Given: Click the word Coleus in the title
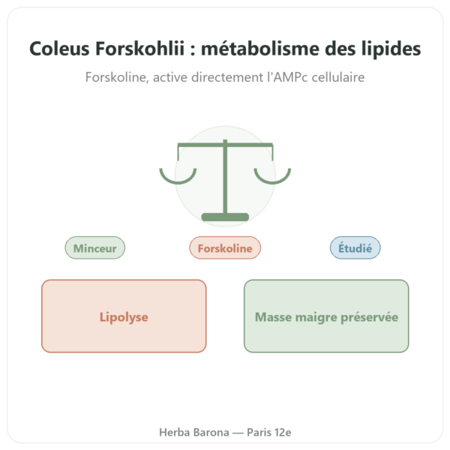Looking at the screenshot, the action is (59, 48).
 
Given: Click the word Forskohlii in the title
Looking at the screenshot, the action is (139, 48).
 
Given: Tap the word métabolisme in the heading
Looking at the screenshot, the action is (260, 48).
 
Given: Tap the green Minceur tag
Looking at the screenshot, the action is (95, 248).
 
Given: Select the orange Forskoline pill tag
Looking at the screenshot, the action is (225, 248).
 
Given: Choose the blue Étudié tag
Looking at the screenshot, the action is (355, 248).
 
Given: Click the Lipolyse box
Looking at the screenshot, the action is (124, 316).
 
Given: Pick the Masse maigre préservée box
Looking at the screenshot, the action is (326, 316).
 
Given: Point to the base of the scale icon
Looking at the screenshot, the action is (225, 217).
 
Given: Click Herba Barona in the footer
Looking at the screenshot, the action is (194, 432).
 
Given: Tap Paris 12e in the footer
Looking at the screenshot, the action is (269, 432).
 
